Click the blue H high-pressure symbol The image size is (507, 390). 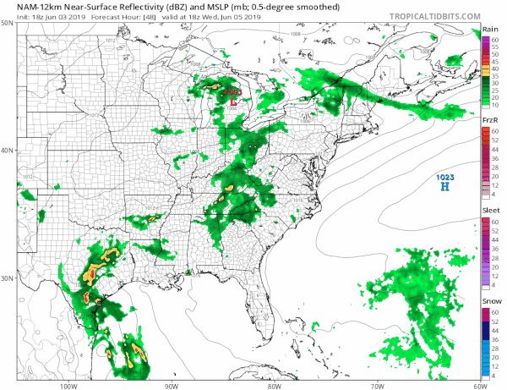click(443, 186)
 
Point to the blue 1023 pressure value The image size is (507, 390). click(443, 176)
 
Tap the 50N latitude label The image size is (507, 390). click(7, 23)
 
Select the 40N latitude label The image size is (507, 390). click(7, 151)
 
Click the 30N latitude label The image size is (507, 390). click(7, 278)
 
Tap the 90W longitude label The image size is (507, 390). click(171, 385)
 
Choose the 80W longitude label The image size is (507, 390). click(273, 385)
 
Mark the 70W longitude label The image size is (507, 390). click(376, 385)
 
